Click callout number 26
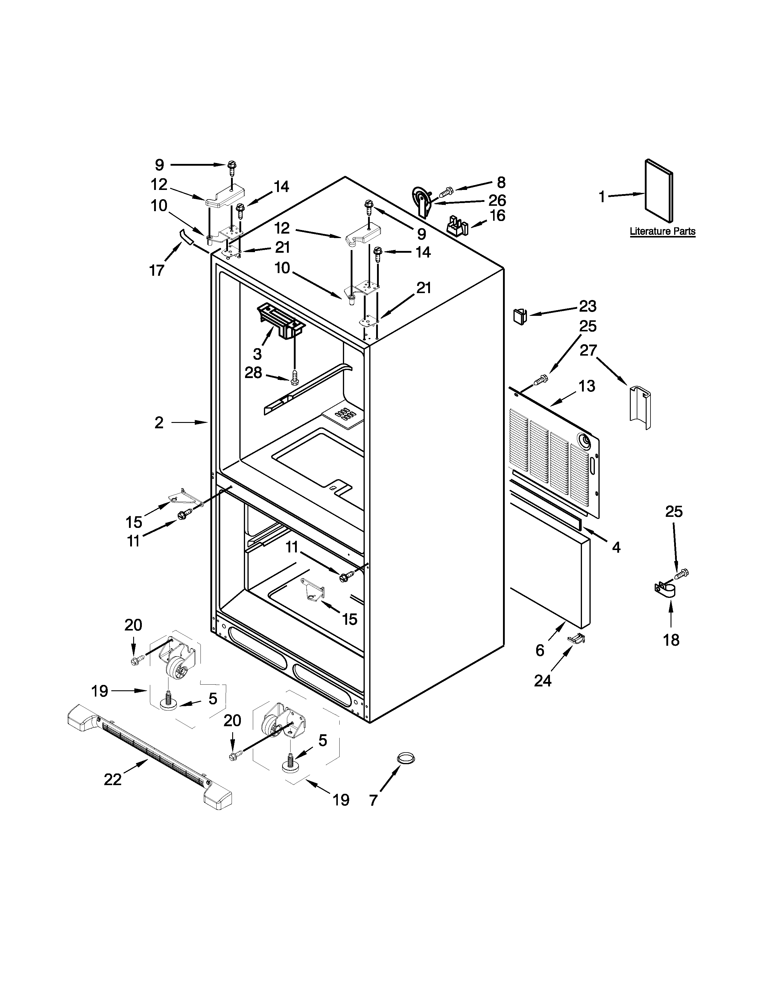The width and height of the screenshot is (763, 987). click(497, 200)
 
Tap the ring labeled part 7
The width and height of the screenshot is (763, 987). click(405, 758)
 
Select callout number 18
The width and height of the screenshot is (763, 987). click(671, 640)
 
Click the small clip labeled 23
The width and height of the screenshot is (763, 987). click(521, 315)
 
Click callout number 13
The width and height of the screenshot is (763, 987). click(587, 386)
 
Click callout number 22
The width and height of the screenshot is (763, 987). click(113, 779)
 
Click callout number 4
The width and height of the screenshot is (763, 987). click(616, 547)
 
